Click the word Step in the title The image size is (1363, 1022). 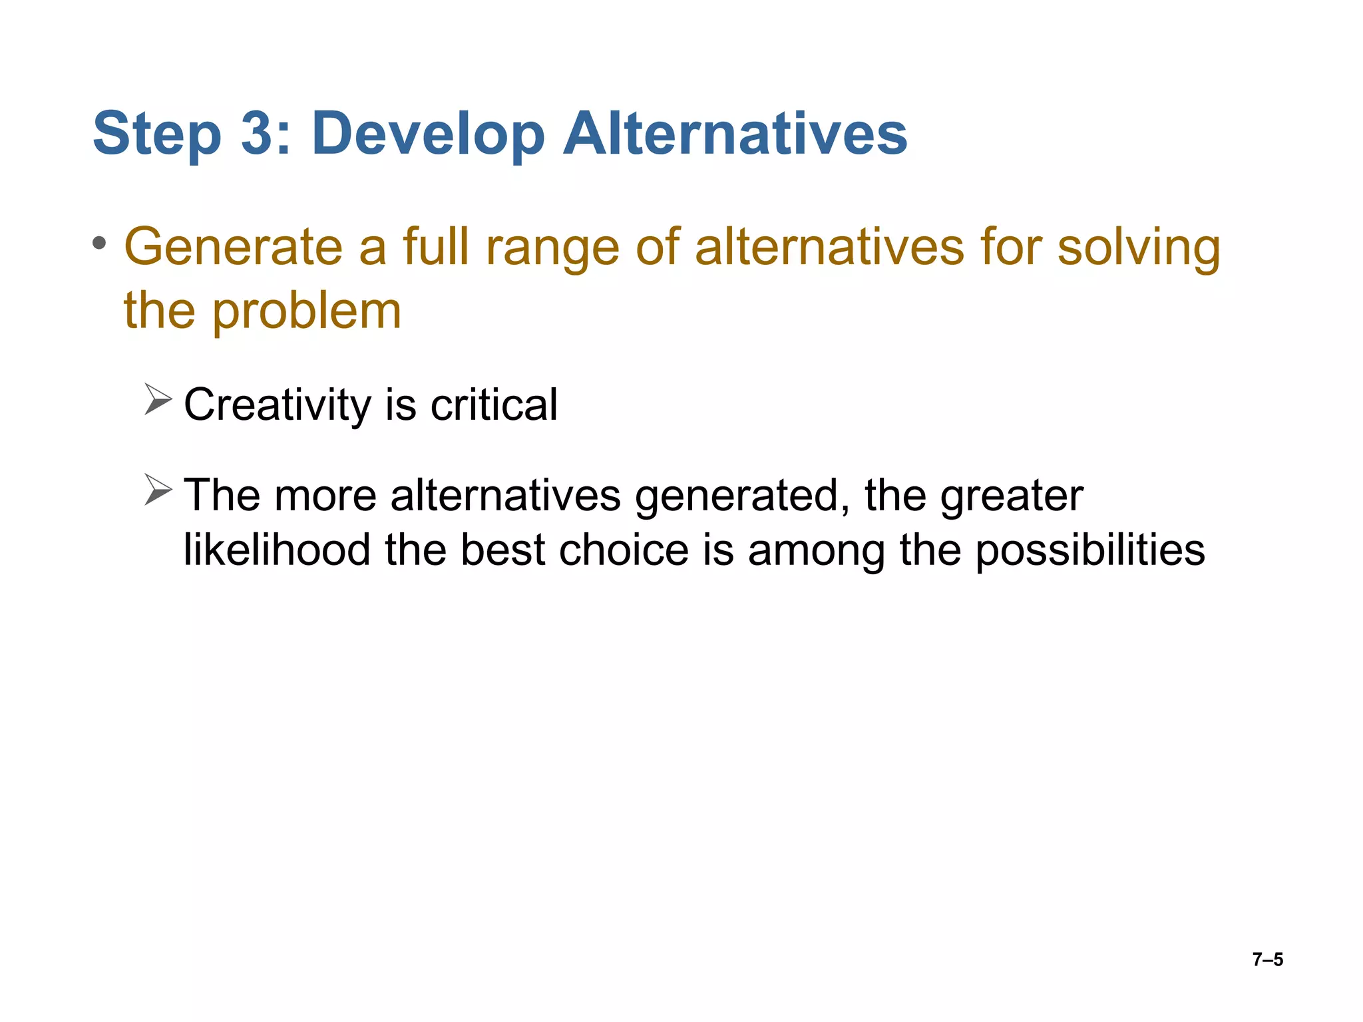[156, 135]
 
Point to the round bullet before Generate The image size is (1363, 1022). [99, 244]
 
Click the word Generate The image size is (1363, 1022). [234, 247]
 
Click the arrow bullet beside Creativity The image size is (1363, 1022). [158, 399]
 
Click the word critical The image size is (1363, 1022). [494, 405]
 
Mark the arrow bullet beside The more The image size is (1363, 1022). [158, 490]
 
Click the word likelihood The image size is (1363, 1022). [277, 550]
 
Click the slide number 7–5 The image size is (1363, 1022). [1267, 959]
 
